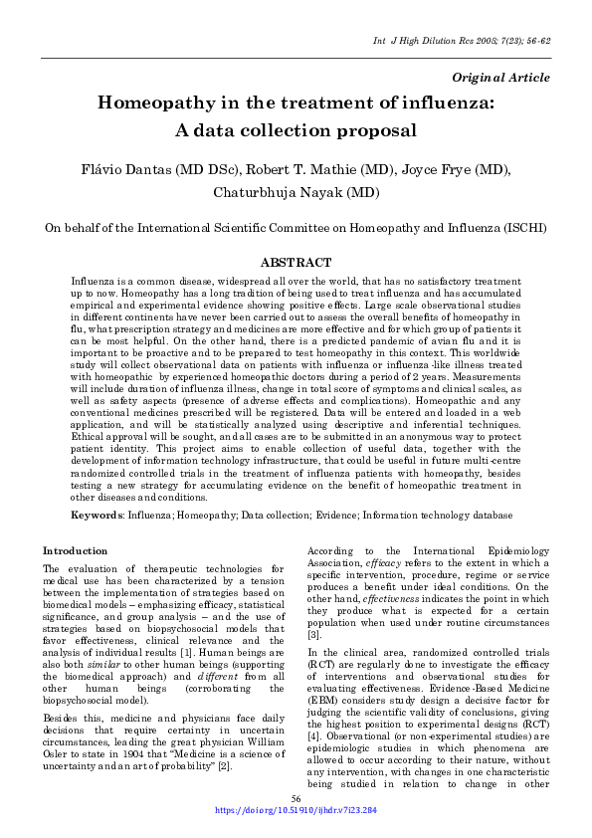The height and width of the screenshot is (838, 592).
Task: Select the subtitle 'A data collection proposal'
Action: [x=296, y=130]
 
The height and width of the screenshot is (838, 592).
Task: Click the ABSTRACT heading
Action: [x=296, y=263]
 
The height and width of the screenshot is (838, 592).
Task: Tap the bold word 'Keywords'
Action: [x=98, y=516]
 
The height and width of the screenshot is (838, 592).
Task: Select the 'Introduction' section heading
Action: [x=76, y=550]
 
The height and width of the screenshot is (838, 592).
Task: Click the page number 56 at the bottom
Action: [x=296, y=799]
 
